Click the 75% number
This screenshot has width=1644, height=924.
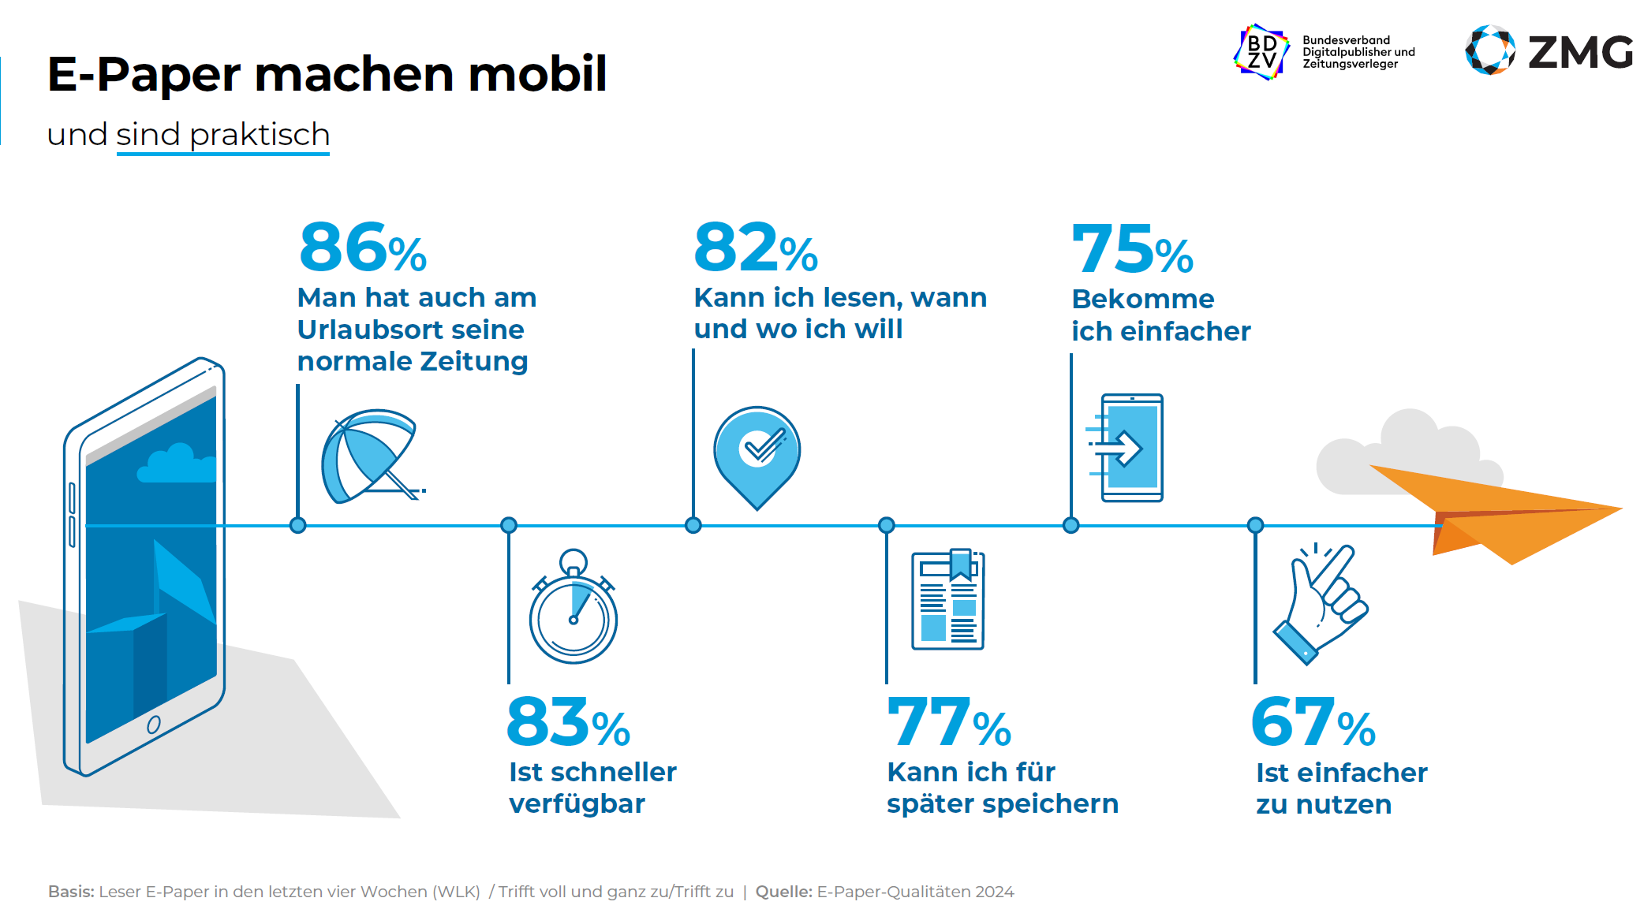click(x=1132, y=249)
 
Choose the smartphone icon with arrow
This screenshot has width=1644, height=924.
click(x=1128, y=448)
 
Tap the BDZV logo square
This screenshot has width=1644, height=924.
click(x=1261, y=52)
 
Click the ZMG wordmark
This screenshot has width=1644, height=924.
click(x=1580, y=53)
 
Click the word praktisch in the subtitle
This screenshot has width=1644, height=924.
click(x=260, y=135)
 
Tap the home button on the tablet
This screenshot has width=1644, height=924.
click(x=154, y=725)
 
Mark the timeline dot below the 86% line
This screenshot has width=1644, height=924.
click(x=297, y=525)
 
